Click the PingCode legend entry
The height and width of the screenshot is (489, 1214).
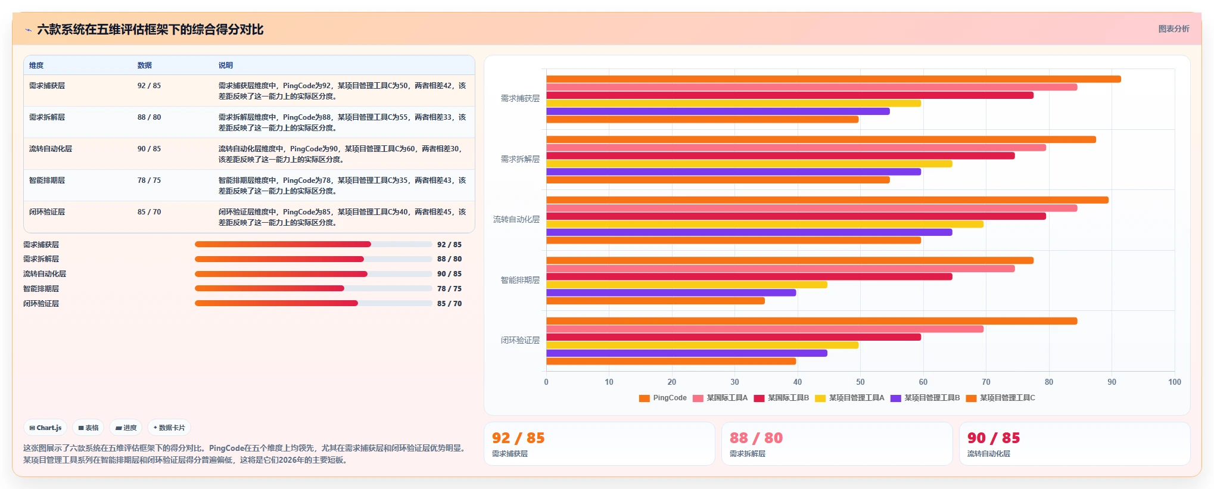pos(662,398)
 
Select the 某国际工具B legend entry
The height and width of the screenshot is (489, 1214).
pos(781,398)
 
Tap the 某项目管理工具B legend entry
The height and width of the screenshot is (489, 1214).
pos(925,398)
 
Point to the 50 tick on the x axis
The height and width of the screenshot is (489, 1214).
pos(860,382)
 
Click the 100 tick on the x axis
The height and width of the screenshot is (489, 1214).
pos(1174,382)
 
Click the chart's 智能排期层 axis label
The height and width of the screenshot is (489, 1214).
pos(520,280)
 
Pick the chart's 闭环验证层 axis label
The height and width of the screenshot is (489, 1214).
pos(520,340)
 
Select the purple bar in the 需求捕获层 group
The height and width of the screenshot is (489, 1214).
pos(718,111)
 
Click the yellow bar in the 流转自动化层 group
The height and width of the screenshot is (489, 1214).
pos(765,225)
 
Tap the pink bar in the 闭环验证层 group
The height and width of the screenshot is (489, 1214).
pos(765,329)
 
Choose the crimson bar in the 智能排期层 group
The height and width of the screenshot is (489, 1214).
pos(749,276)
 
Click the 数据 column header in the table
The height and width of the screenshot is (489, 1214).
pos(145,66)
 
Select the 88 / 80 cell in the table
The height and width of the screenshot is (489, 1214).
pos(149,117)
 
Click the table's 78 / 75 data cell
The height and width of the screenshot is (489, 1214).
pos(149,180)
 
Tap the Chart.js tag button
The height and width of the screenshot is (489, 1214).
pos(45,428)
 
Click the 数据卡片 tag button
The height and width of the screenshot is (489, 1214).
pos(169,428)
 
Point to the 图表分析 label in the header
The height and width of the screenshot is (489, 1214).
pos(1173,29)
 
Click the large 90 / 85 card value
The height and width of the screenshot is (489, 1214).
pos(993,438)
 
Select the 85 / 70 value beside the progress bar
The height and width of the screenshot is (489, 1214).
pos(449,304)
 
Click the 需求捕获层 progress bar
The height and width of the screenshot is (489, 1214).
pos(313,244)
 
